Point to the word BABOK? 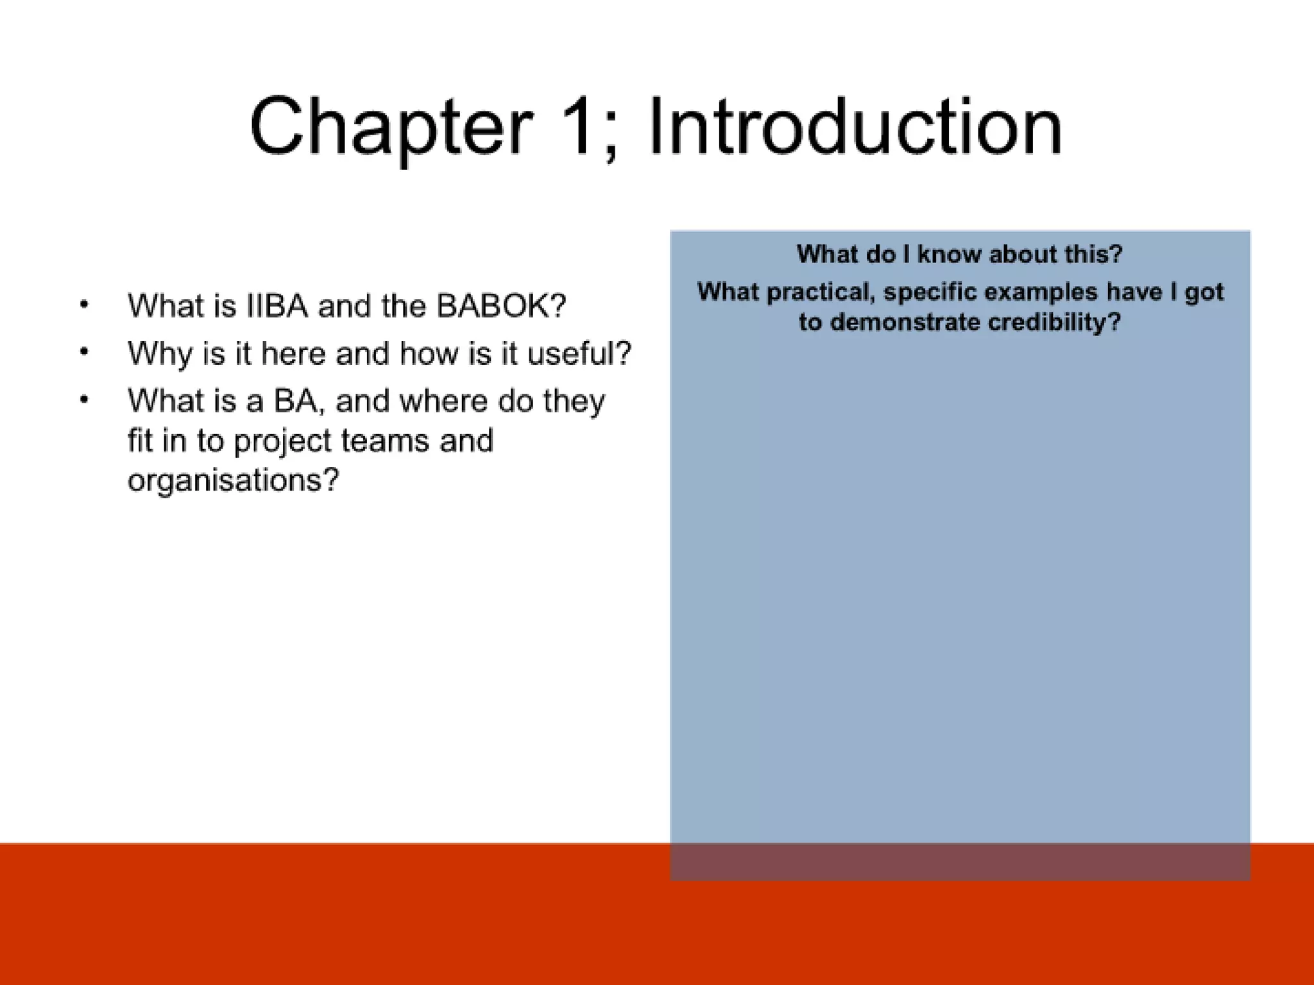point(501,306)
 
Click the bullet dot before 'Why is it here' point(84,352)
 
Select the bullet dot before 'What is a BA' point(84,400)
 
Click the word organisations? point(232,480)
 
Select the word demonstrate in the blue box point(905,322)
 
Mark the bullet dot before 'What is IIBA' point(84,305)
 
